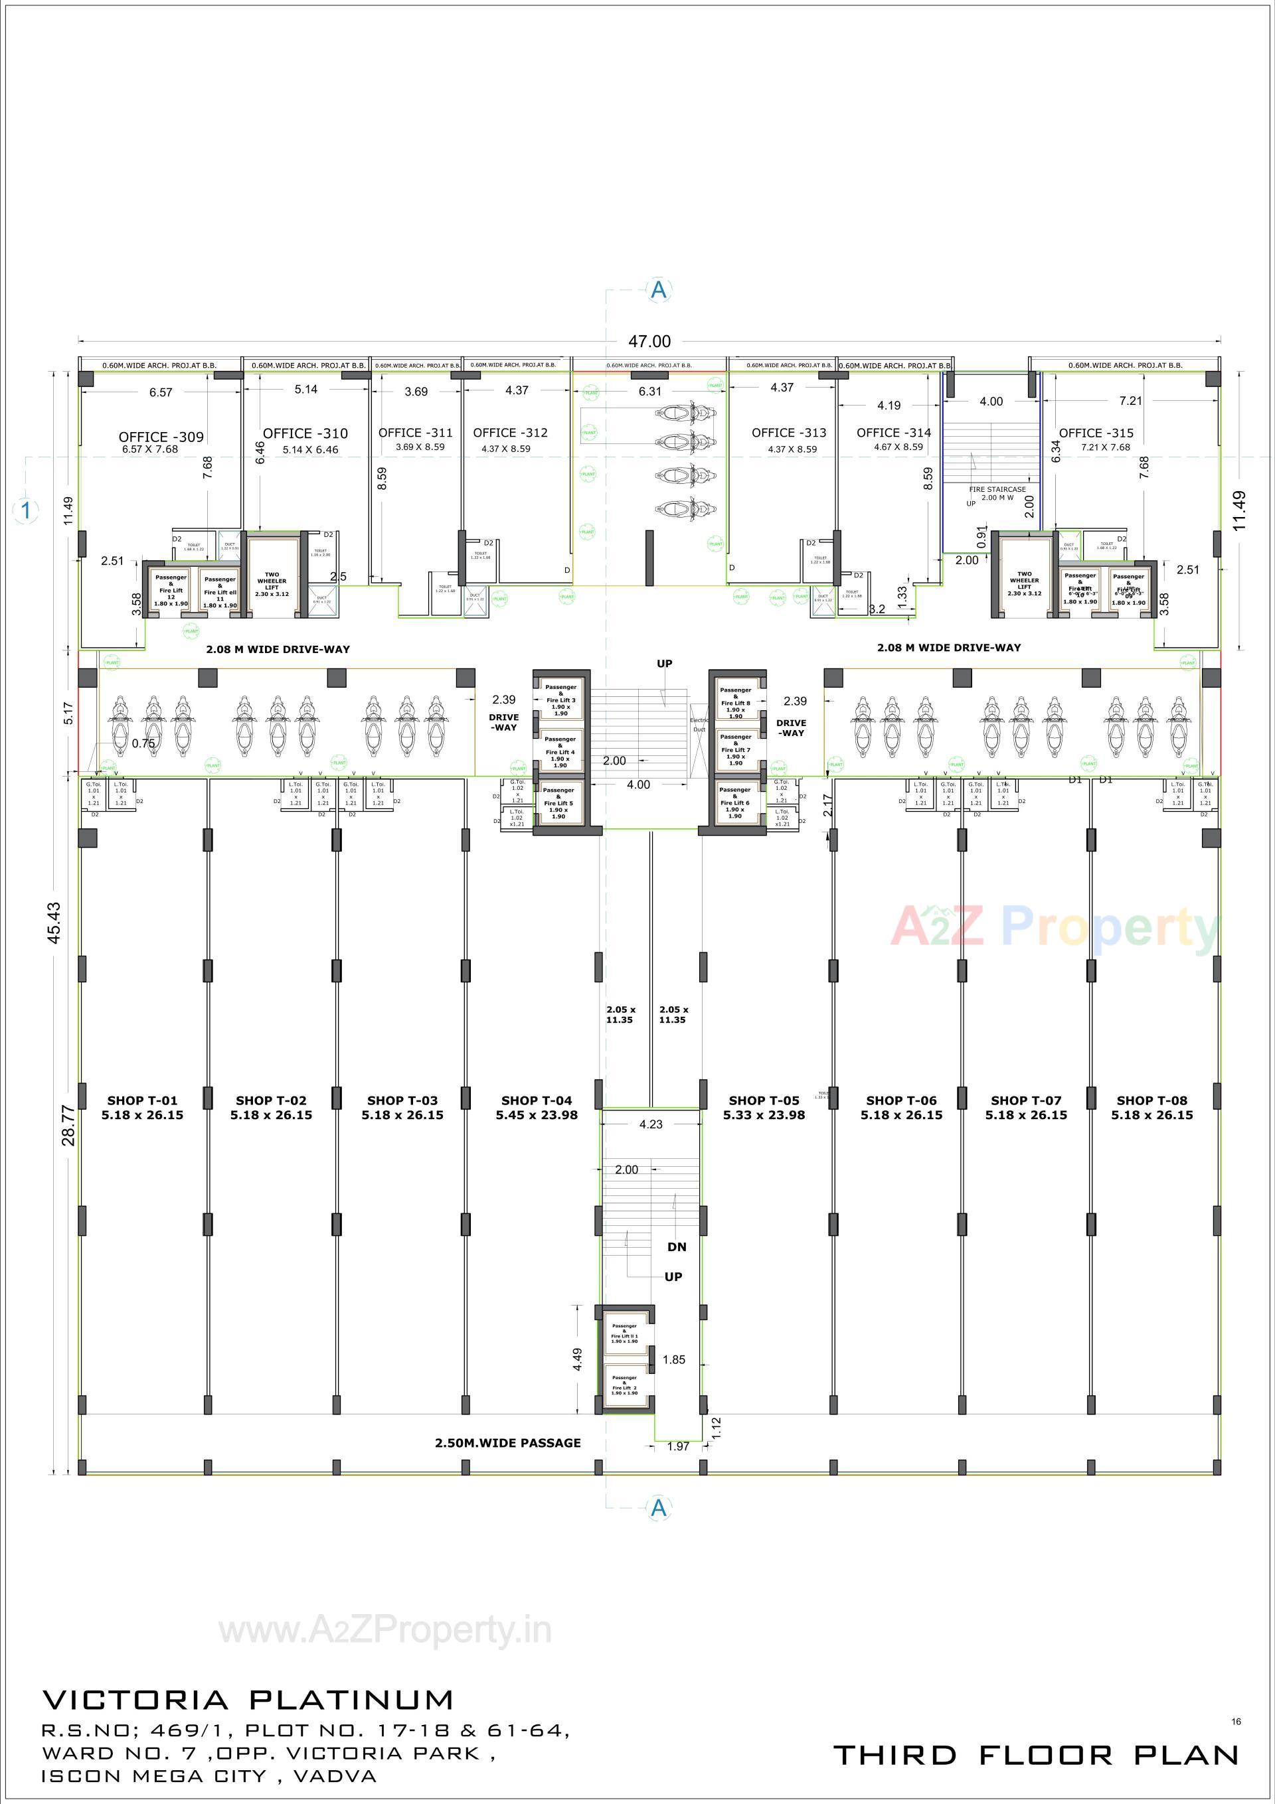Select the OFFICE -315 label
pyautogui.click(x=1096, y=433)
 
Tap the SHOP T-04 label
pyautogui.click(x=537, y=1101)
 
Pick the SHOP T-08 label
pyautogui.click(x=1151, y=1101)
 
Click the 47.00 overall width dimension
pyautogui.click(x=649, y=342)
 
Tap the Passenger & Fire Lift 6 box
pyautogui.click(x=735, y=802)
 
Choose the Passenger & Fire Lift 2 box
pyautogui.click(x=625, y=1385)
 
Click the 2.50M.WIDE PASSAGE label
pyautogui.click(x=508, y=1442)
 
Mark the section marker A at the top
pyautogui.click(x=659, y=290)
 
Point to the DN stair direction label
pyautogui.click(x=677, y=1247)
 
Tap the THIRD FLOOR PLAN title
pyautogui.click(x=1035, y=1754)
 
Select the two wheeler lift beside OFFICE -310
pyautogui.click(x=272, y=582)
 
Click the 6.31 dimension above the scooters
pyautogui.click(x=649, y=392)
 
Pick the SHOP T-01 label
pyautogui.click(x=142, y=1101)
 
